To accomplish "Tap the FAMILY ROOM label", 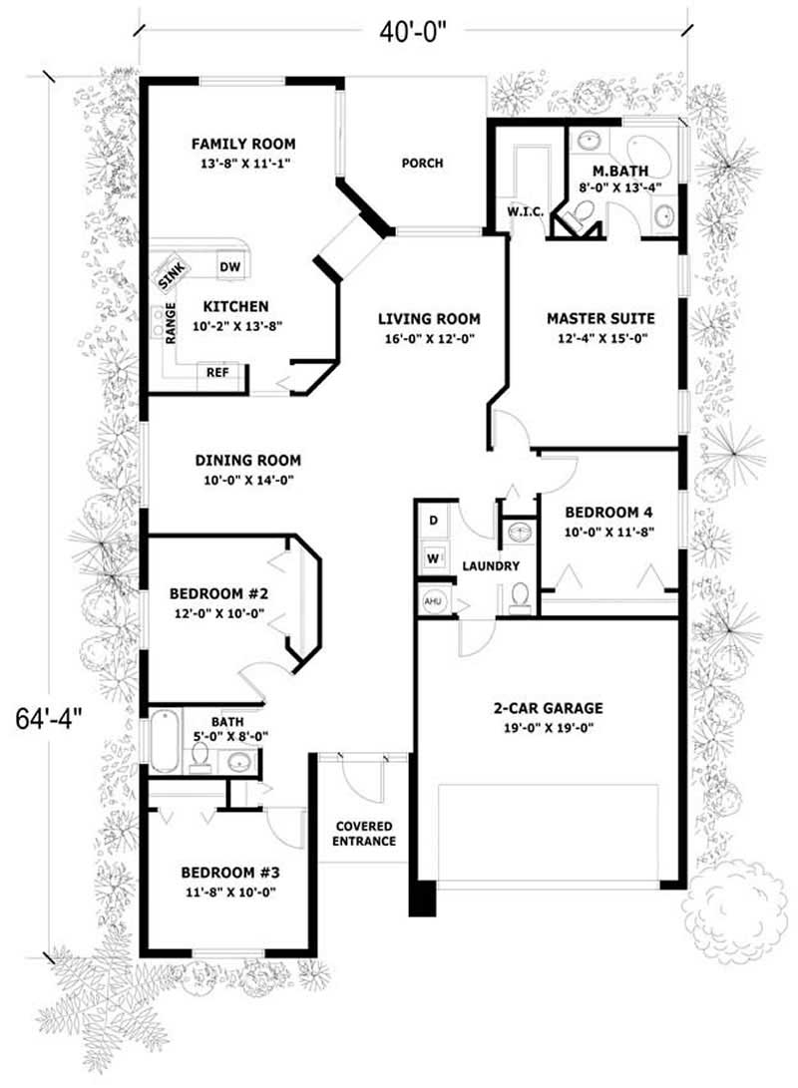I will tap(243, 144).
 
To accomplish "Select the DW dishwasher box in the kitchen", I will tap(228, 266).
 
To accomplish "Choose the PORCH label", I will tap(422, 164).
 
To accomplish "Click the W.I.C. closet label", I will tap(524, 211).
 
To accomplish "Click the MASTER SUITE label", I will tap(600, 319).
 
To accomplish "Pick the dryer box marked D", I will tap(434, 521).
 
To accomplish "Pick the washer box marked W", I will tap(434, 556).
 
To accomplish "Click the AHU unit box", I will tap(433, 602).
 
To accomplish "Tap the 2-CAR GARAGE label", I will tap(548, 708).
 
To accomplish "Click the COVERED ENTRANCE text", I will tap(363, 834).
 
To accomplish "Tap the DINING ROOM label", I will tap(247, 461).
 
